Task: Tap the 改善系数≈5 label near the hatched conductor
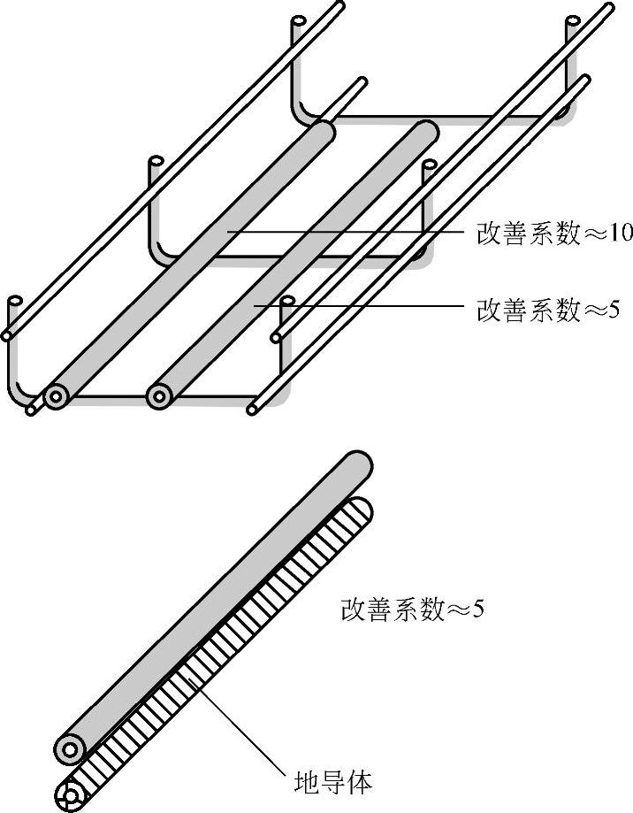pos(412,610)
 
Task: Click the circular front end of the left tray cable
pos(56,395)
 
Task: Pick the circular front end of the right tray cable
pos(159,395)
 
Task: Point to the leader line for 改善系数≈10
pos(354,234)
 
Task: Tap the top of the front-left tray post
pos(14,302)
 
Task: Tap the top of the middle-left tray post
pos(156,162)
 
